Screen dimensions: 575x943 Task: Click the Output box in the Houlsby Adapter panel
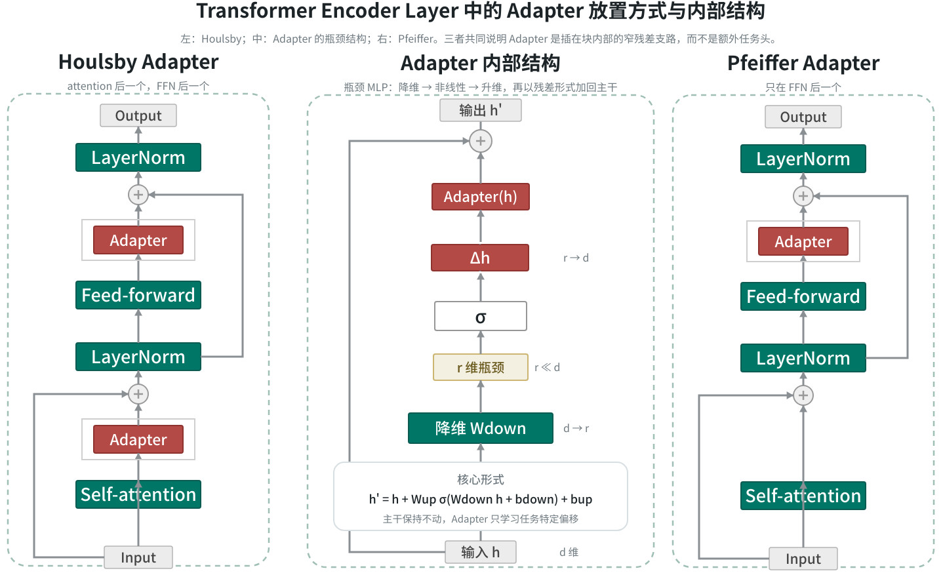[138, 116]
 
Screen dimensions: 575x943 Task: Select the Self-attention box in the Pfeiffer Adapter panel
[803, 496]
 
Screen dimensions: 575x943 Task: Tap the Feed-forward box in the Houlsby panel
[138, 295]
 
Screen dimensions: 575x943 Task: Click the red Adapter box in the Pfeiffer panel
[803, 241]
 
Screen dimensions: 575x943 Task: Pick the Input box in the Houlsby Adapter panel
[138, 557]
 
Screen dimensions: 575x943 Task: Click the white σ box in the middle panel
[481, 317]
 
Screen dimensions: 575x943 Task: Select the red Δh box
[480, 258]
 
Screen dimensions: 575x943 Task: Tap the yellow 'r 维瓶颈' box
[481, 367]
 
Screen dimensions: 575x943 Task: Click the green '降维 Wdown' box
[481, 428]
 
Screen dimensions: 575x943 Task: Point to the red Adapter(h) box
[481, 197]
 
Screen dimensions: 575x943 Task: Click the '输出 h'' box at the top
[481, 110]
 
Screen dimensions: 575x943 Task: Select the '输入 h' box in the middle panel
[481, 552]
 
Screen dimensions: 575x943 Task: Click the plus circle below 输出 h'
[481, 141]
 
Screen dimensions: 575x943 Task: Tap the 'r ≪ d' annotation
[547, 367]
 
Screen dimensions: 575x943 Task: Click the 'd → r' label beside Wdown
[576, 428]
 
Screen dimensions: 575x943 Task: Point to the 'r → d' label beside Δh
[576, 258]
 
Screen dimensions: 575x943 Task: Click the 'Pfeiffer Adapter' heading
[803, 63]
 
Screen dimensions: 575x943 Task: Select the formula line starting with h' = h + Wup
[481, 499]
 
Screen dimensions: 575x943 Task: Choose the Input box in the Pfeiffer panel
[803, 559]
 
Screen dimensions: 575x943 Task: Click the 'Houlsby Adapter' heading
[138, 62]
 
